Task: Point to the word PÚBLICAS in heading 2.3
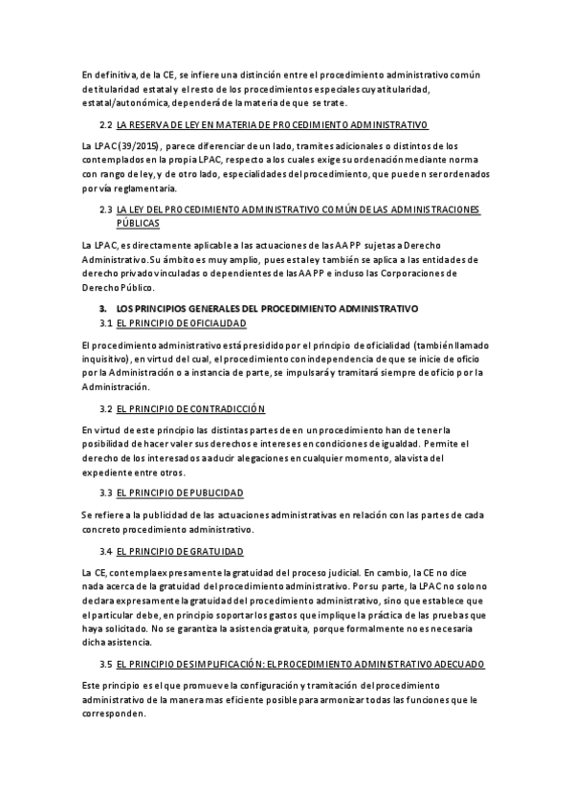tap(138, 223)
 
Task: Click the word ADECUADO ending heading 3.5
tap(454, 663)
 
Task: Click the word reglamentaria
tap(123, 188)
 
